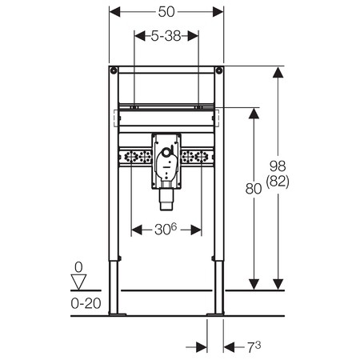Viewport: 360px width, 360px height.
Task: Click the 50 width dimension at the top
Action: pyautogui.click(x=166, y=12)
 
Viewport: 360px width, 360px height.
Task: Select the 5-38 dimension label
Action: pyautogui.click(x=166, y=36)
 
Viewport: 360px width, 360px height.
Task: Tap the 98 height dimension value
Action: pyautogui.click(x=278, y=166)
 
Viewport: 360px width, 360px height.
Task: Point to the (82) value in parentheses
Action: pyautogui.click(x=278, y=182)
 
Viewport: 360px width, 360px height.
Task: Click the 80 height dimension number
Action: pyautogui.click(x=254, y=189)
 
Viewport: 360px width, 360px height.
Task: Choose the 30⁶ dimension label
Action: pyautogui.click(x=166, y=229)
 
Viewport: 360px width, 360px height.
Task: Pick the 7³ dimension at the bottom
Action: pyautogui.click(x=254, y=347)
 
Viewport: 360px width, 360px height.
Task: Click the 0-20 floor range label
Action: pyautogui.click(x=86, y=303)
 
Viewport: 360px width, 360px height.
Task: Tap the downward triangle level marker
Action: pyautogui.click(x=78, y=282)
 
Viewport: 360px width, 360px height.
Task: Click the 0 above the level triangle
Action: pyautogui.click(x=78, y=267)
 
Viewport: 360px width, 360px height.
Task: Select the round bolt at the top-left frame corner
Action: pyautogui.click(x=114, y=70)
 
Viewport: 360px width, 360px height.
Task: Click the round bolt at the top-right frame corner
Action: pyautogui.click(x=219, y=70)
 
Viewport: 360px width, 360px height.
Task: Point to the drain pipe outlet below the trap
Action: pyautogui.click(x=166, y=199)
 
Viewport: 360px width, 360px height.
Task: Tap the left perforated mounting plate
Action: pyautogui.click(x=135, y=157)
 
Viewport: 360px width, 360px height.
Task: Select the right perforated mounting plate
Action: pyautogui.click(x=197, y=157)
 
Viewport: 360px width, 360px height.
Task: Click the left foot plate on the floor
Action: pyautogui.click(x=118, y=314)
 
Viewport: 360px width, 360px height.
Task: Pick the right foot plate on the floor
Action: pyautogui.click(x=215, y=314)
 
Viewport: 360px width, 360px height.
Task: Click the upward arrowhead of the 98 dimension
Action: pyautogui.click(x=278, y=72)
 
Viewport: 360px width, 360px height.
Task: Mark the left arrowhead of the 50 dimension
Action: pyautogui.click(x=114, y=12)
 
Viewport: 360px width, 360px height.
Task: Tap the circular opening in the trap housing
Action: pyautogui.click(x=166, y=153)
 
